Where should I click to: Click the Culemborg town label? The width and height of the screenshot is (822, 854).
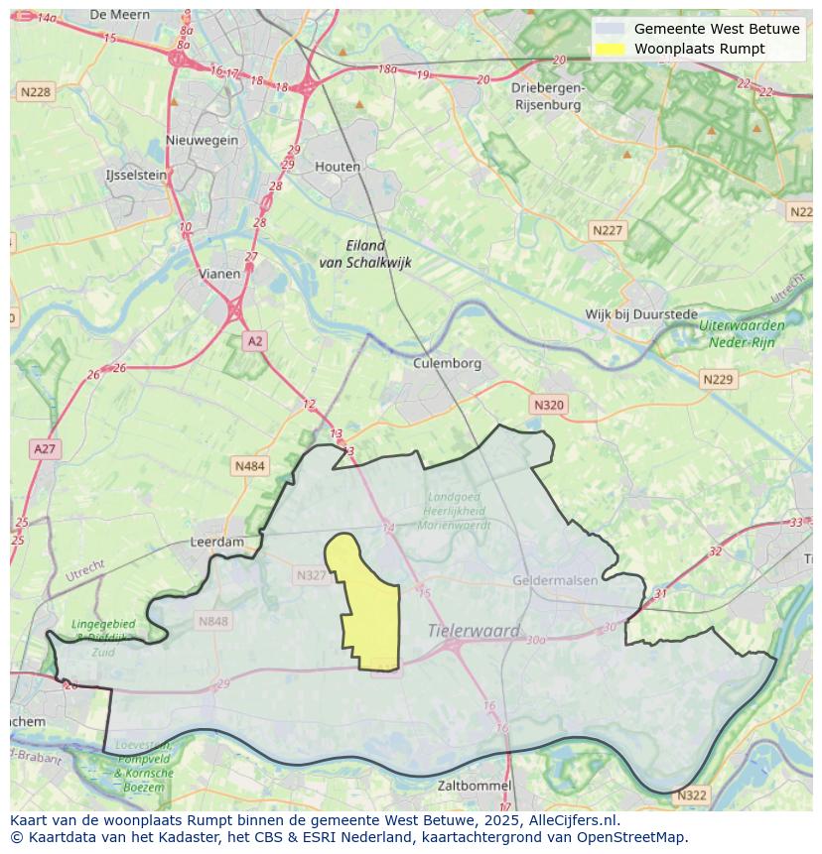pos(447,363)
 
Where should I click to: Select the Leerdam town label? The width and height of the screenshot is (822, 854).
pos(216,543)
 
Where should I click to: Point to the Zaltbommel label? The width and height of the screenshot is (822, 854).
pos(475,786)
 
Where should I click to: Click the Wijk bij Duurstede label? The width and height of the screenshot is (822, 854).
pos(641,314)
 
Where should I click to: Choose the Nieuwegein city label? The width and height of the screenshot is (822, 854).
pos(203,140)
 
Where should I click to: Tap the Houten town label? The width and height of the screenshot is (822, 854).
pos(338,167)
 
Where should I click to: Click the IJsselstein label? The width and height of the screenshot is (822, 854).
pos(136,175)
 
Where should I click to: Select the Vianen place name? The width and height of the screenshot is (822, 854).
pos(218,274)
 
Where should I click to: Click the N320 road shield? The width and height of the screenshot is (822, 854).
pos(548,405)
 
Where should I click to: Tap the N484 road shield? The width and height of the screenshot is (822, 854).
pos(250,465)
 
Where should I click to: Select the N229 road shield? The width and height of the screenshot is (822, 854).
pos(717,379)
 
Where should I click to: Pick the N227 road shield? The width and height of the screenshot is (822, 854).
pos(608,230)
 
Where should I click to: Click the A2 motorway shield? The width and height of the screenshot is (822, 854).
pos(255,341)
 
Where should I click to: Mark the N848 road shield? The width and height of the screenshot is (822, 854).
pos(212,621)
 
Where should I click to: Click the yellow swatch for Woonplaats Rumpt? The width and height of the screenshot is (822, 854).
pos(610,49)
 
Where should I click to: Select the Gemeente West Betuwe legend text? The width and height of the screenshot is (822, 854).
pos(717,29)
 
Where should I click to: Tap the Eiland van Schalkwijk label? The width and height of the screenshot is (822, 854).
pos(365,254)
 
